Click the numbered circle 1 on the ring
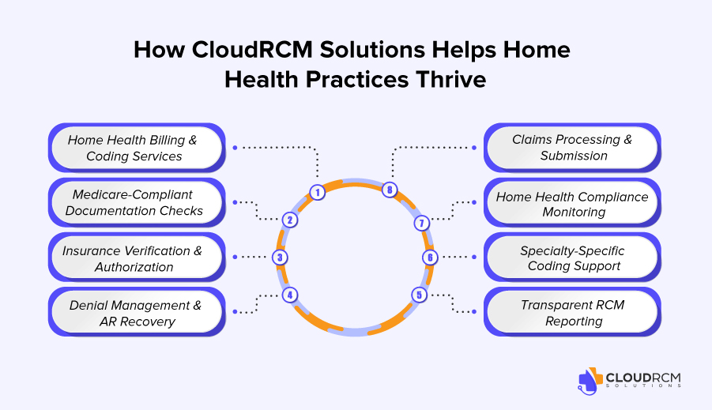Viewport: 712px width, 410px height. tap(317, 192)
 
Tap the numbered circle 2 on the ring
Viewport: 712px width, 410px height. tap(290, 220)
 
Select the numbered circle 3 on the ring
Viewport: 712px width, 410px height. tap(279, 257)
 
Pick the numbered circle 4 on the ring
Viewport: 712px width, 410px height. tap(290, 295)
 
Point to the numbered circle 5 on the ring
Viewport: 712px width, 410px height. tap(419, 295)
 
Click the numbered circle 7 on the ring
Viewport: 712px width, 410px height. tap(422, 224)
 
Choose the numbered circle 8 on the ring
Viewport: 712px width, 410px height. tap(388, 190)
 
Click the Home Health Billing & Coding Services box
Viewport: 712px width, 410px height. tap(136, 148)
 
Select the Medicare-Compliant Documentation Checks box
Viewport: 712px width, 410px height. tap(136, 202)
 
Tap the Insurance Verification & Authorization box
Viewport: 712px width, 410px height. tap(136, 258)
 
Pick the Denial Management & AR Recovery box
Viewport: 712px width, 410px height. tap(136, 313)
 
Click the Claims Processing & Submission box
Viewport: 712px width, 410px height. tap(571, 148)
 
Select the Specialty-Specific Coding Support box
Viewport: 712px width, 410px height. tap(571, 258)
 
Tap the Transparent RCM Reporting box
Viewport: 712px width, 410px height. tap(571, 313)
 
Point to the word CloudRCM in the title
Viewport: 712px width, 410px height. tap(242, 50)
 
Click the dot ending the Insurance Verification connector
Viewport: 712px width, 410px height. tap(235, 257)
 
